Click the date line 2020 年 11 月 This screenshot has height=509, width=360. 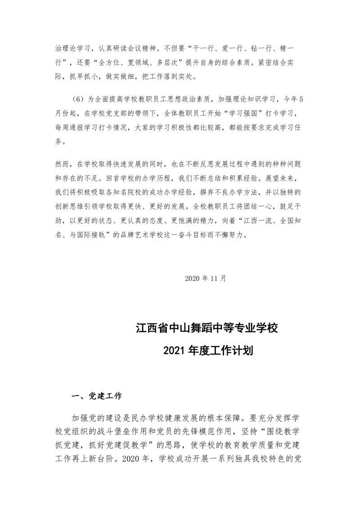pos(205,278)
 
